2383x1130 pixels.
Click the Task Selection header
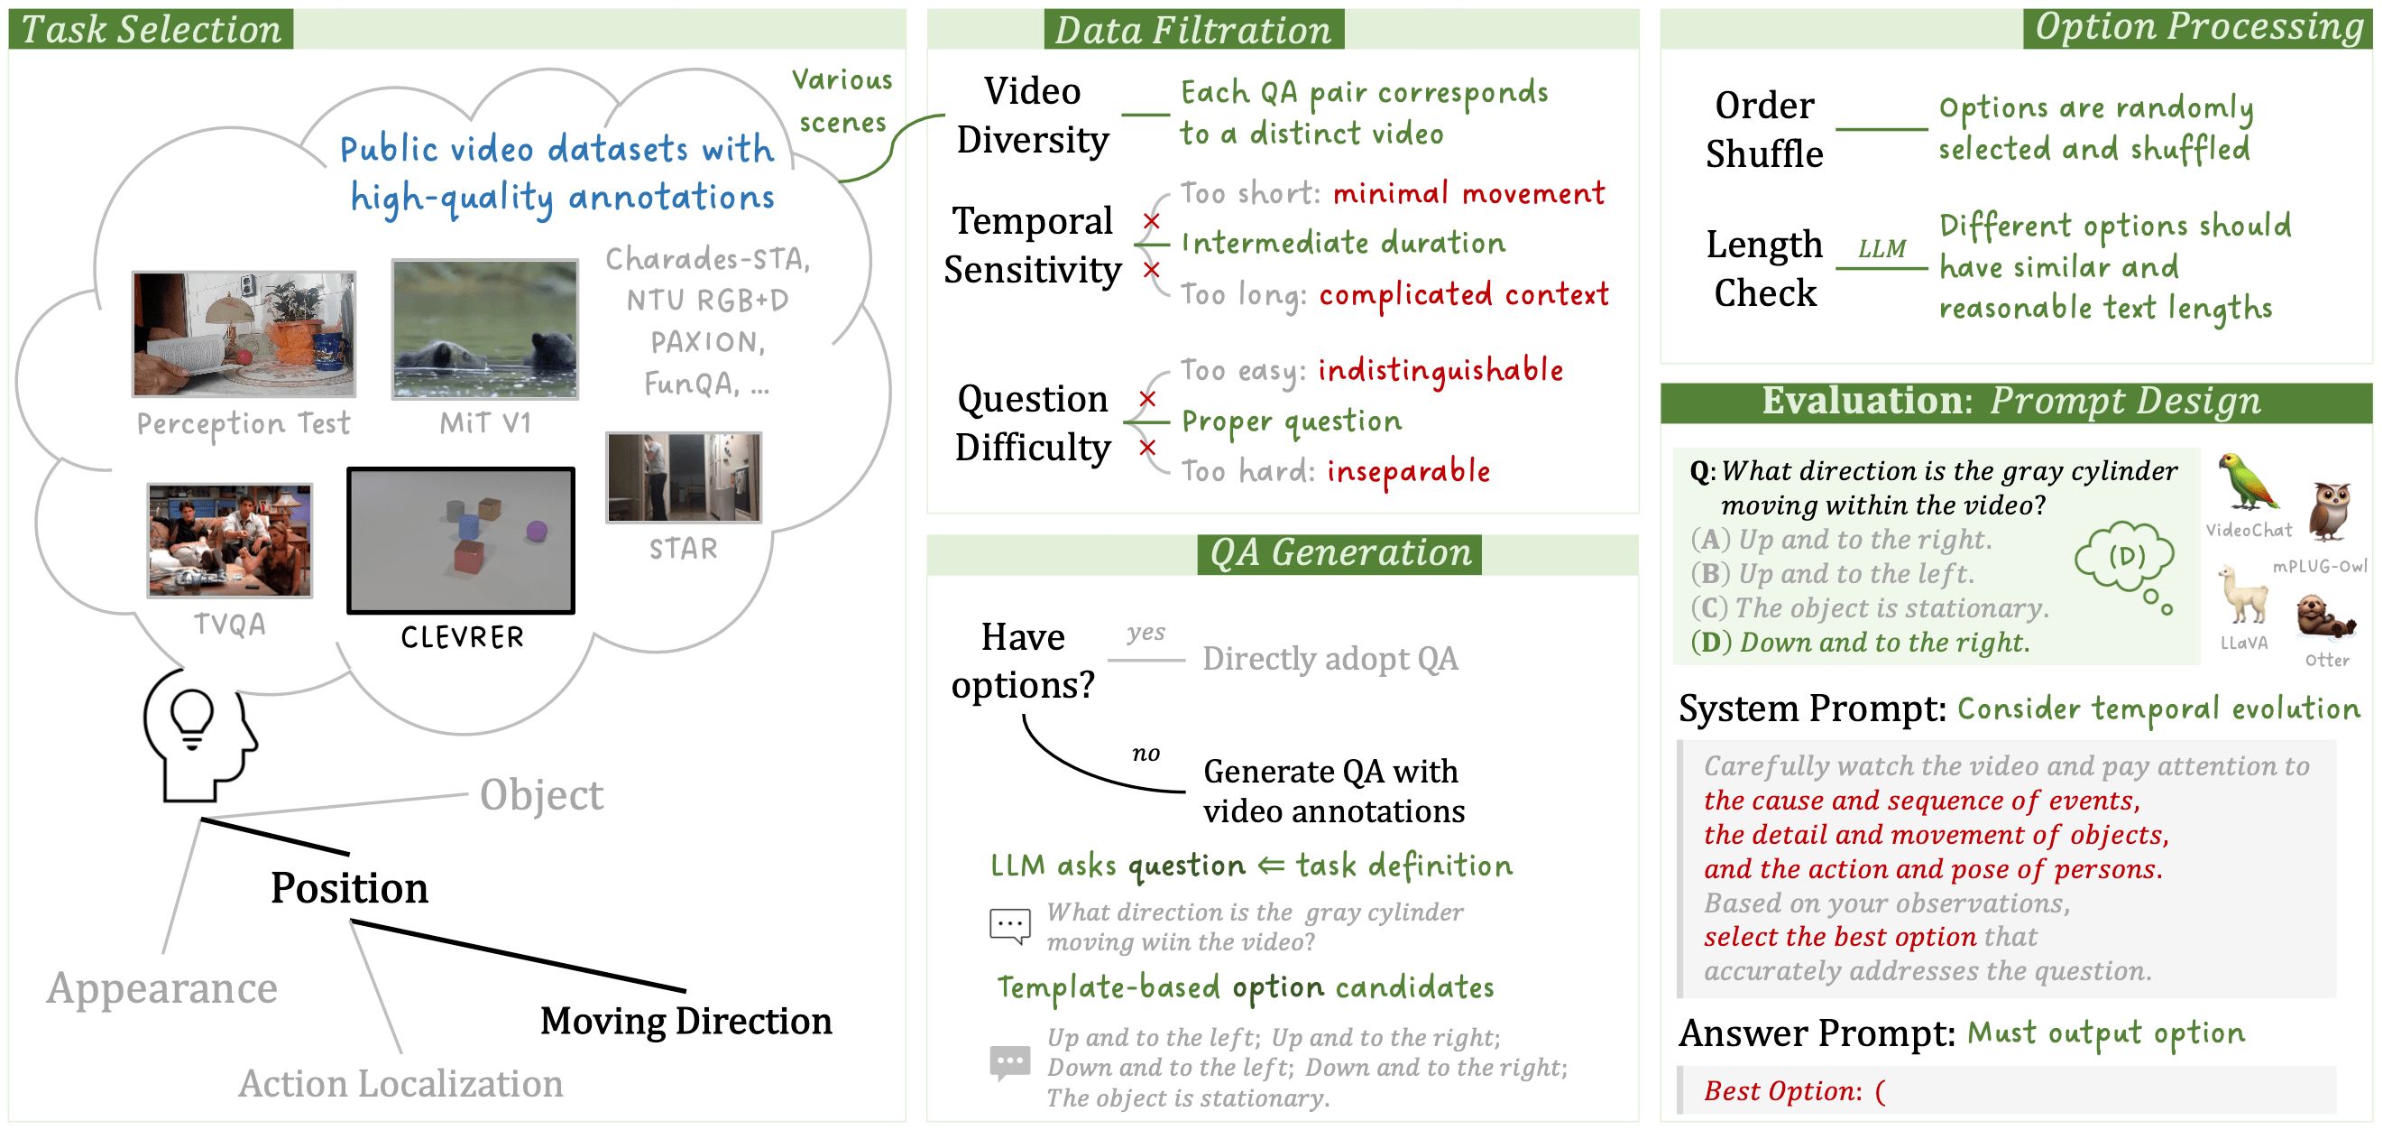(151, 29)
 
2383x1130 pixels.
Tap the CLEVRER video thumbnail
(461, 540)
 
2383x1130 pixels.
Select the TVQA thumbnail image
(230, 541)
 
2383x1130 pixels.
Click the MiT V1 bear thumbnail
(484, 329)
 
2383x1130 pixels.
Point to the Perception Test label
(244, 424)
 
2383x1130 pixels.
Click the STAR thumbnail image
(684, 477)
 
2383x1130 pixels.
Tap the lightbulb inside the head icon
(192, 718)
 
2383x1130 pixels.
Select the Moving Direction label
(685, 1021)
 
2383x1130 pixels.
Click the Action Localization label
(400, 1084)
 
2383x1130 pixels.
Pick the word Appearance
(161, 988)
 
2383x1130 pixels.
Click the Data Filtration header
(1192, 30)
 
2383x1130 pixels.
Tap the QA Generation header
(1339, 552)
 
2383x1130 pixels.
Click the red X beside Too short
(1151, 220)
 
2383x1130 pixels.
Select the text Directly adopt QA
(1330, 659)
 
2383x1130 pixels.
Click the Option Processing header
(2198, 27)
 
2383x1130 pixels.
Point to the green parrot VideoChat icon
(2248, 482)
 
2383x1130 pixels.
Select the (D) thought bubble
(2125, 556)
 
